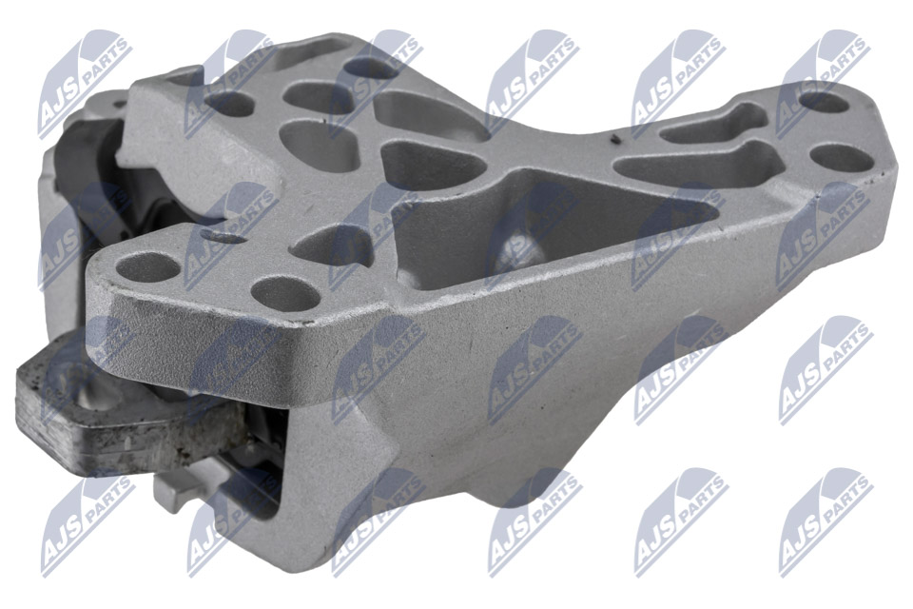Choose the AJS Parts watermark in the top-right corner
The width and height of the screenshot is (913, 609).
click(x=823, y=82)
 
